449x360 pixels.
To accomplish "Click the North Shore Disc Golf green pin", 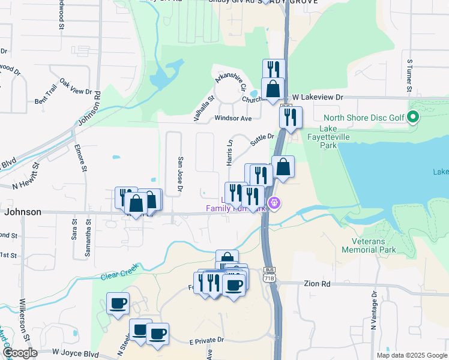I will [413, 118].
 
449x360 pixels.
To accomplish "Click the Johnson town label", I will [23, 212].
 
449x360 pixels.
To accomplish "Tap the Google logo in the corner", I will [20, 353].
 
